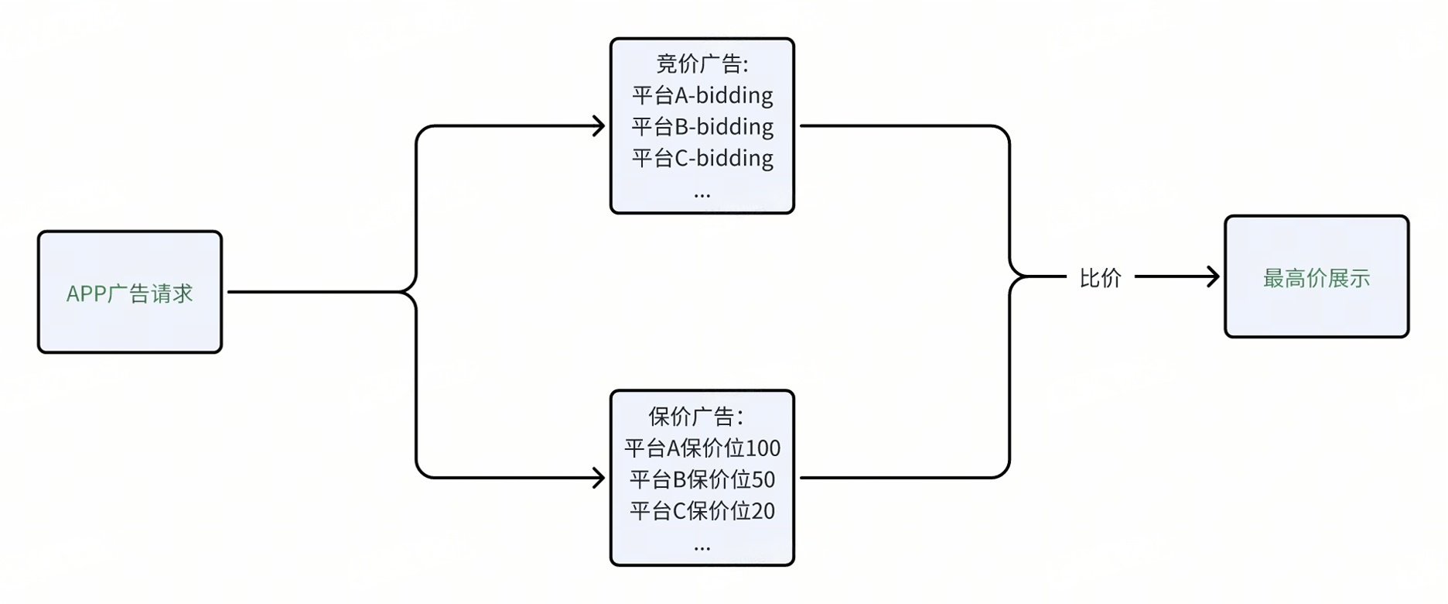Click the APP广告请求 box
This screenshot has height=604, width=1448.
pos(130,292)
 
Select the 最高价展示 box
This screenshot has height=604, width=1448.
pos(1316,277)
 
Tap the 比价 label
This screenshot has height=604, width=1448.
pos(1100,278)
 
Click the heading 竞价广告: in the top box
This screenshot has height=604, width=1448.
pos(702,63)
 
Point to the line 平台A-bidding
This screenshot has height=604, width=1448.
pos(702,95)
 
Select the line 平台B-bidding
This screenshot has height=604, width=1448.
pos(702,126)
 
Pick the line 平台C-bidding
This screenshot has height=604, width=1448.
pos(702,158)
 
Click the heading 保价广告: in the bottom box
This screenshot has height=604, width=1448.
pos(695,417)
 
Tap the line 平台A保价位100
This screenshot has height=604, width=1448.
pos(702,448)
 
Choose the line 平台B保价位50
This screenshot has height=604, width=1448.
pos(702,479)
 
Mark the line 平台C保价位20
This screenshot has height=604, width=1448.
pos(702,511)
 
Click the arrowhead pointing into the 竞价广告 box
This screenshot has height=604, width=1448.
pos(599,126)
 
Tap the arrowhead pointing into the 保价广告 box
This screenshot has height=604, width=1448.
pos(599,478)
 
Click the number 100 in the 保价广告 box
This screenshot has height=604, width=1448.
pos(763,448)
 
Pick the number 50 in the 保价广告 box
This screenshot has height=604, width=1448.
pos(763,479)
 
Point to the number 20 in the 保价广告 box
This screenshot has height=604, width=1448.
pos(763,511)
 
